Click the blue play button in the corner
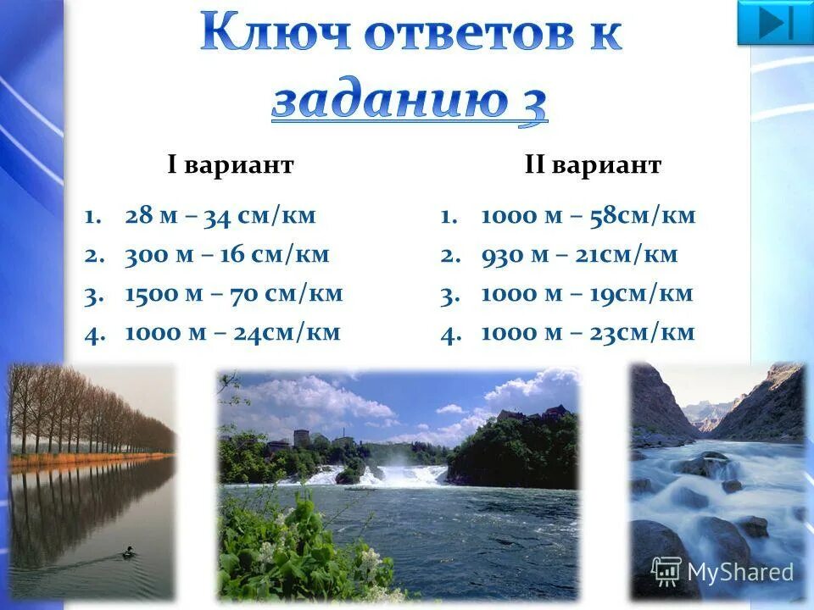coord(775,22)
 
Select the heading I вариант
coord(231,165)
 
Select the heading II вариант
coord(593,165)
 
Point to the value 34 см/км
coord(259,216)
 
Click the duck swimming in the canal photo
coord(128,552)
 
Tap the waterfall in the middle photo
coord(399,474)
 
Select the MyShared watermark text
coord(740,573)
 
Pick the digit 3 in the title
coord(532,103)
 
